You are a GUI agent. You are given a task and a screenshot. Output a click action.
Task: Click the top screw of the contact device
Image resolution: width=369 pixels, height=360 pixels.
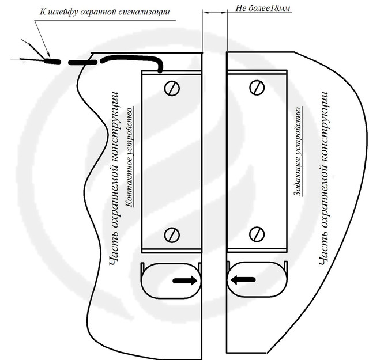pos(172,88)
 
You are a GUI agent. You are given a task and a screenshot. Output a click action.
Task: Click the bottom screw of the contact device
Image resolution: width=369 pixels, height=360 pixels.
pos(172,234)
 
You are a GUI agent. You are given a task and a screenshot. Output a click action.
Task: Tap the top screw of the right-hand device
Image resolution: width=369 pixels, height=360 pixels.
pos(257,88)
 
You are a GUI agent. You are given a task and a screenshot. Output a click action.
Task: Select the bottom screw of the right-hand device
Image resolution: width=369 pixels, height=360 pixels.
pos(257,234)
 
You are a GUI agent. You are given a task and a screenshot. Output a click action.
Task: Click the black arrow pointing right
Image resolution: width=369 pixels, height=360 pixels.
pos(185,281)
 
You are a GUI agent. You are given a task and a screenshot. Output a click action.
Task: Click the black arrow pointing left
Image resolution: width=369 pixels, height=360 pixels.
pos(243,280)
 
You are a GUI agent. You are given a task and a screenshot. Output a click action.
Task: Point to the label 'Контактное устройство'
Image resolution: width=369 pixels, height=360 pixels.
pos(130,157)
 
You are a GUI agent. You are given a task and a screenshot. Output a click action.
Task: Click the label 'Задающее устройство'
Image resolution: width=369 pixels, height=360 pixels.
pos(298,151)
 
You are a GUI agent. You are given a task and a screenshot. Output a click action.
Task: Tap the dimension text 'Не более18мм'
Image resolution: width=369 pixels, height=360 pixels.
pos(263,8)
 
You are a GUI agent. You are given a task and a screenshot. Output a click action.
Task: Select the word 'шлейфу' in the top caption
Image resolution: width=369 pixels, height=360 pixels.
pos(63,12)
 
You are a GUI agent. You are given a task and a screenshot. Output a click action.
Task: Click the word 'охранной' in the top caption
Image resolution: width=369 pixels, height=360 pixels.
pos(95,12)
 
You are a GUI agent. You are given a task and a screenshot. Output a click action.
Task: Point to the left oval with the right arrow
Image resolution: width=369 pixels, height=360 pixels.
pos(171,281)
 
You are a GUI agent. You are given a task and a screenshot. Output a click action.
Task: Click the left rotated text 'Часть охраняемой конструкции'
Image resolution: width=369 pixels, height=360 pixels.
pos(114,178)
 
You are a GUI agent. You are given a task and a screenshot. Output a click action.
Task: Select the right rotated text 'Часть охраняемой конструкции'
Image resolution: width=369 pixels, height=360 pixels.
pos(324,178)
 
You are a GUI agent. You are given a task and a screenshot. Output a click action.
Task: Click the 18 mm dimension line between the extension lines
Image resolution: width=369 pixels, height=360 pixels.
pos(214,13)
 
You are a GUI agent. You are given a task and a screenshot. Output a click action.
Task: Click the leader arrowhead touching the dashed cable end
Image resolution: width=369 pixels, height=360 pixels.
pos(48,55)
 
